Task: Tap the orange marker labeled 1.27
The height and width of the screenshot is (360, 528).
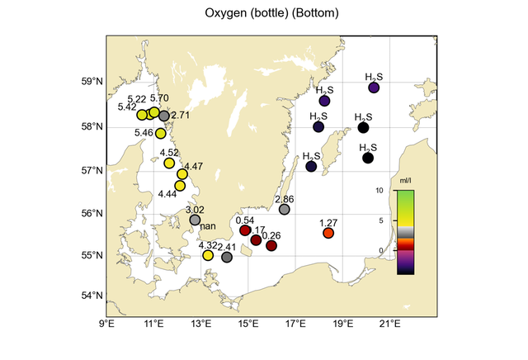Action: tap(328, 233)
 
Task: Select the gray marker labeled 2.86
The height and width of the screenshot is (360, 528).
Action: tap(285, 210)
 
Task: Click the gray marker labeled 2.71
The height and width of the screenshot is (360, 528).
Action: tap(164, 116)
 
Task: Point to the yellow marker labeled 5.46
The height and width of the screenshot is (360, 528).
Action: tap(161, 133)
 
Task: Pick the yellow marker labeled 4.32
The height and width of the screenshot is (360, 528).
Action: tap(208, 255)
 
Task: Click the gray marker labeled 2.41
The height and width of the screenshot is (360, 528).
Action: tap(227, 257)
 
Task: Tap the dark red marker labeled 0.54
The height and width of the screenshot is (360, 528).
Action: tap(244, 230)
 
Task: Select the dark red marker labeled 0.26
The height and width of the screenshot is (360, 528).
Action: tap(271, 245)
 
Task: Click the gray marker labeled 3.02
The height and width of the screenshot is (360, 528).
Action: tap(195, 220)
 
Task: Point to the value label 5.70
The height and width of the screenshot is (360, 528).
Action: tap(159, 98)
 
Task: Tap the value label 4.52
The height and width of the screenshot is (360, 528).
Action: tap(169, 152)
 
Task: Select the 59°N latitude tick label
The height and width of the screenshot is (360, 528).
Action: tap(92, 82)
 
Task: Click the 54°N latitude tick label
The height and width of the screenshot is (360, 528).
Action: tap(92, 296)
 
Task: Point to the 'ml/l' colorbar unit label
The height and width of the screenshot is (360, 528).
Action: tap(405, 179)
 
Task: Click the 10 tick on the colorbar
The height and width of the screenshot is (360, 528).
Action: tap(381, 191)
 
